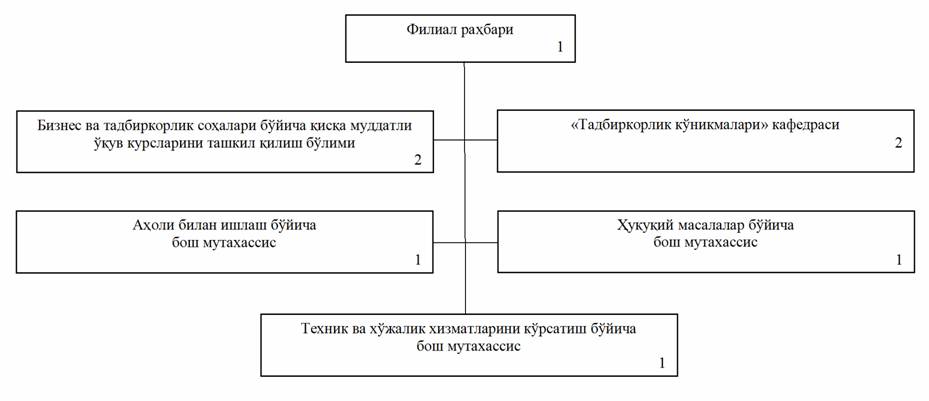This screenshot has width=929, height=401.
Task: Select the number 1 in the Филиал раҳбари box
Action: pyautogui.click(x=561, y=47)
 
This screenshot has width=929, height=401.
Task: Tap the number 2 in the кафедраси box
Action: pyautogui.click(x=898, y=144)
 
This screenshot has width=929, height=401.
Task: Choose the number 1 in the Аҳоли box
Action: pyautogui.click(x=417, y=260)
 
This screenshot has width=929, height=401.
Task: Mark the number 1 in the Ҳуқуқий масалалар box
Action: pyautogui.click(x=898, y=260)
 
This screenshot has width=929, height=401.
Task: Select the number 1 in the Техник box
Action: pyautogui.click(x=661, y=363)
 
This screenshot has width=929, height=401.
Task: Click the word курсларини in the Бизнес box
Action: pyautogui.click(x=139, y=143)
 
